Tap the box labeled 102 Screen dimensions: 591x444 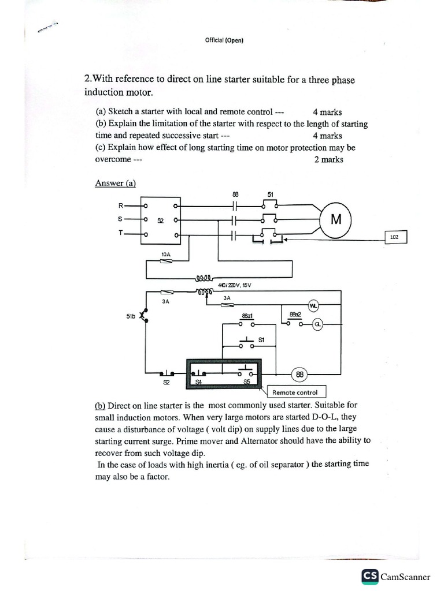coord(396,237)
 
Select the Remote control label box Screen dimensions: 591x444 coord(295,392)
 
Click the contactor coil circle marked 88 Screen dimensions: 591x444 coord(299,374)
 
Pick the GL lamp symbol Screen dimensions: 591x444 coord(317,324)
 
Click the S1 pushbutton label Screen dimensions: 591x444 coord(261,340)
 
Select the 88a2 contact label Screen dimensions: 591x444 coord(295,314)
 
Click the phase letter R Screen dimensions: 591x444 coord(120,205)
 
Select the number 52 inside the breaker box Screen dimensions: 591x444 coord(161,220)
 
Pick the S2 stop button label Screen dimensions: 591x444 coord(166,382)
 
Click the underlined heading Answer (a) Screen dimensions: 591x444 coord(115,183)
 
